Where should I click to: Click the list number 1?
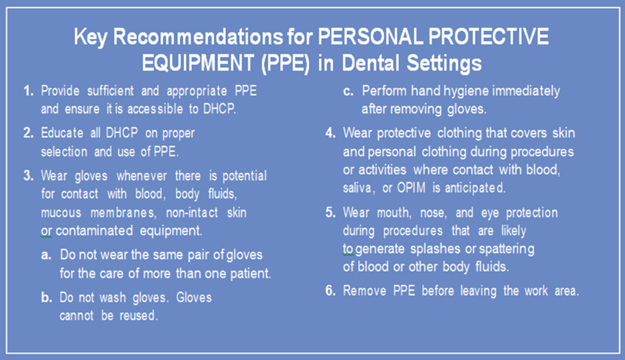tap(28, 91)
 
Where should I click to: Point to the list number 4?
tap(330, 133)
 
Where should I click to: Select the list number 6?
tap(330, 290)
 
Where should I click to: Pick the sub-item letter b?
tap(46, 297)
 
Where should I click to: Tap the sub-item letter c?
tap(348, 91)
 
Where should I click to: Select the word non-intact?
tap(192, 213)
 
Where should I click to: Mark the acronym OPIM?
tap(411, 188)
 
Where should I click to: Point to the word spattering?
tap(507, 249)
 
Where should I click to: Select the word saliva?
tap(359, 188)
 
